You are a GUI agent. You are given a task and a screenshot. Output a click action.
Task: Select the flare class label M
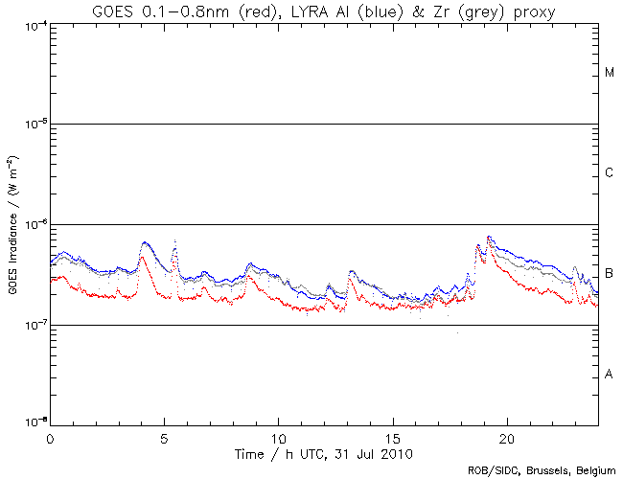pyautogui.click(x=610, y=73)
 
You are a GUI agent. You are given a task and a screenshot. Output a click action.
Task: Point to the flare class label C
pyautogui.click(x=610, y=173)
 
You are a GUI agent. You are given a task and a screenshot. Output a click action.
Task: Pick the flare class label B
pyautogui.click(x=610, y=274)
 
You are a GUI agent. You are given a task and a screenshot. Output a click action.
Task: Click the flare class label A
pyautogui.click(x=610, y=375)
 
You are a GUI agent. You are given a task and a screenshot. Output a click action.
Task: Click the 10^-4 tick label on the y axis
pyautogui.click(x=33, y=25)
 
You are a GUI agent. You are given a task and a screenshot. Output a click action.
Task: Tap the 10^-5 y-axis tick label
pyautogui.click(x=33, y=125)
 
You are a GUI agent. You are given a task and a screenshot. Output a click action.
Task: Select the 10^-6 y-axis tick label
pyautogui.click(x=33, y=225)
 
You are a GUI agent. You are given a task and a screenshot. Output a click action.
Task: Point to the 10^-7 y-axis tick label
pyautogui.click(x=33, y=326)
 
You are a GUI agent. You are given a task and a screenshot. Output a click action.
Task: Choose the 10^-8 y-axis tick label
pyautogui.click(x=33, y=422)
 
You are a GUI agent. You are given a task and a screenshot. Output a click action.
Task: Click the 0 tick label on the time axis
pyautogui.click(x=50, y=437)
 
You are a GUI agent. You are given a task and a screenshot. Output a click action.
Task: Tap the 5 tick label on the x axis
pyautogui.click(x=164, y=437)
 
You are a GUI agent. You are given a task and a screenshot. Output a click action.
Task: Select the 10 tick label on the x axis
pyautogui.click(x=278, y=437)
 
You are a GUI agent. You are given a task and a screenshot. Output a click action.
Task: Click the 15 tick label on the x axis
pyautogui.click(x=393, y=437)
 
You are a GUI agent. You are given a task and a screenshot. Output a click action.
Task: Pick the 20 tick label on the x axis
pyautogui.click(x=507, y=437)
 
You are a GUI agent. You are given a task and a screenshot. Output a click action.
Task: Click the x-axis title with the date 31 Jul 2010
pyautogui.click(x=325, y=453)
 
